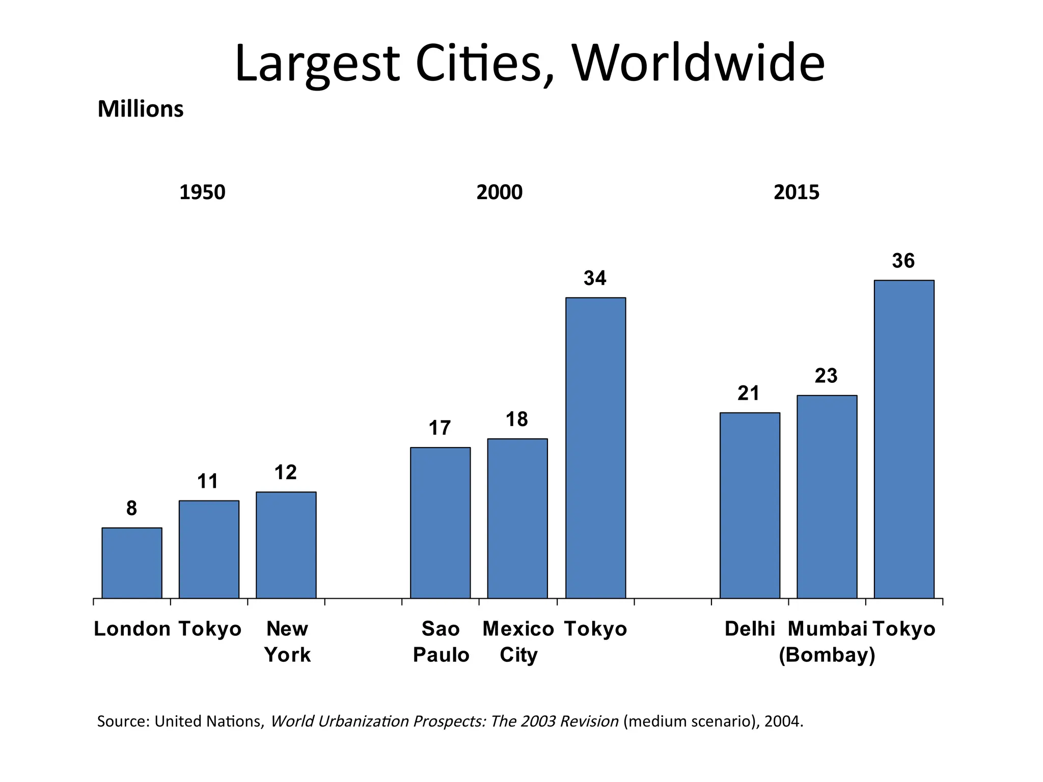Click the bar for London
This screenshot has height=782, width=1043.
point(132,563)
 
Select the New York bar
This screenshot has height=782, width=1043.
point(286,545)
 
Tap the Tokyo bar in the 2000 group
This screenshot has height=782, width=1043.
point(595,448)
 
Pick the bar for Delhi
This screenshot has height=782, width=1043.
point(750,505)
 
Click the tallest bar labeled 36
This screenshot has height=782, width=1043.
point(904,439)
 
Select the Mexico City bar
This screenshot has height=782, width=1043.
point(517,518)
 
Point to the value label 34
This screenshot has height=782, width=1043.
point(595,278)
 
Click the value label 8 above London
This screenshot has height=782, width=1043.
point(131,509)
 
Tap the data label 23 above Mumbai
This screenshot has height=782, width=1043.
point(826,376)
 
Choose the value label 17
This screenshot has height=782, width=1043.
point(440,428)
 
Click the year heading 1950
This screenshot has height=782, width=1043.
point(202,192)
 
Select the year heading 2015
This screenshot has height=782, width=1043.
point(796,192)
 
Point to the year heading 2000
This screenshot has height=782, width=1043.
point(499,192)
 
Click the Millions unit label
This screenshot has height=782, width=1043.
point(140,109)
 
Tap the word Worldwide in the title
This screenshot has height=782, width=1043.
point(698,64)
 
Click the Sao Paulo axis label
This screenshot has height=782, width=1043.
point(441,641)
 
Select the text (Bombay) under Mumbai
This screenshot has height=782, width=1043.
point(827,655)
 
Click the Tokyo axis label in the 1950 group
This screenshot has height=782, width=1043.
point(210,629)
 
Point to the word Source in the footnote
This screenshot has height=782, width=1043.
point(123,721)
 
